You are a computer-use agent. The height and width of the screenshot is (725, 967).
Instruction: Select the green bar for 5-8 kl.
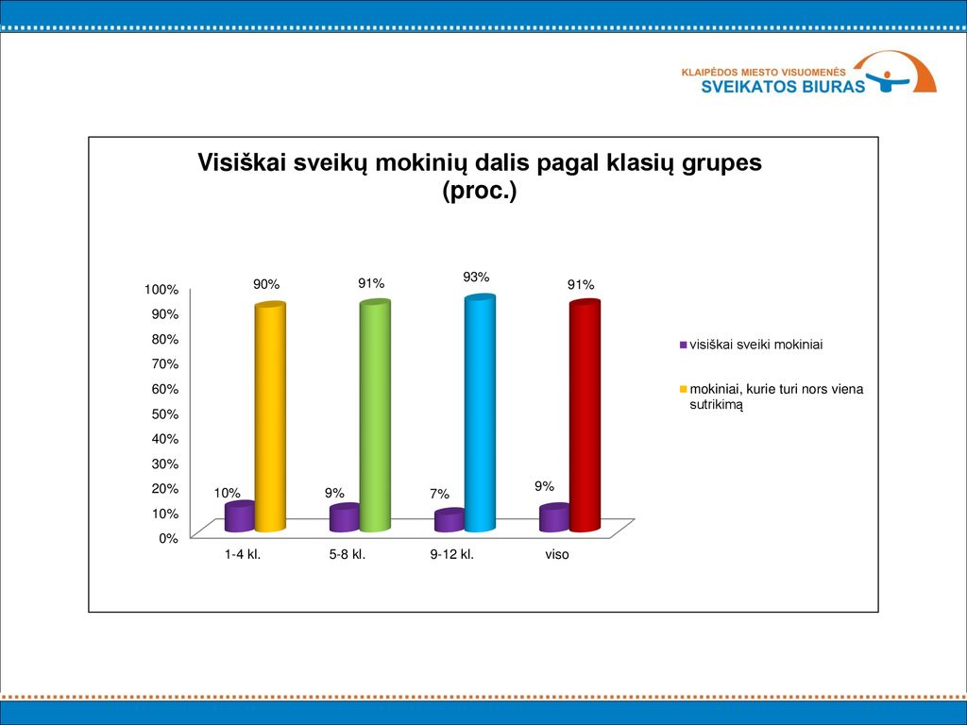[375, 415]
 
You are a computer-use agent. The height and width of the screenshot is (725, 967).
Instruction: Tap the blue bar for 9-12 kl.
[480, 413]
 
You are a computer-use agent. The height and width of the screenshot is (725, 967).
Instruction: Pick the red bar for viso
[585, 415]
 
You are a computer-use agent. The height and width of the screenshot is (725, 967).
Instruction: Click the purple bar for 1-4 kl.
[240, 516]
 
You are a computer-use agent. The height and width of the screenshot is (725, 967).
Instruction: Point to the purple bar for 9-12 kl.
[450, 520]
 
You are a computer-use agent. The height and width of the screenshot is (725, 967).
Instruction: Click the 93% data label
[476, 278]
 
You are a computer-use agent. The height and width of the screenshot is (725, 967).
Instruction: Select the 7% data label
[440, 494]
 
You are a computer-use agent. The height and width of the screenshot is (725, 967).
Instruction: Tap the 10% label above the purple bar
[227, 493]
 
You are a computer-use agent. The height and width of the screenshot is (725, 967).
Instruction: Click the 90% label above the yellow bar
[266, 284]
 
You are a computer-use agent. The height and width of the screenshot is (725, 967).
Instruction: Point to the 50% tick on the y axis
[164, 413]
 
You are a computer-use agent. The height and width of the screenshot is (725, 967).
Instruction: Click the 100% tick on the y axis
[161, 290]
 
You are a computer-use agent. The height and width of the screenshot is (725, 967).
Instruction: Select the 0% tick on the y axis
[168, 538]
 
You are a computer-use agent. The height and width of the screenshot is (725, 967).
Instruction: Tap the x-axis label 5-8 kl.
[348, 554]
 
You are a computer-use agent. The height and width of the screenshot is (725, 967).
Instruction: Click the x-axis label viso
[557, 554]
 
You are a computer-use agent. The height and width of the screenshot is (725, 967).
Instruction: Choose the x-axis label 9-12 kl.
[452, 554]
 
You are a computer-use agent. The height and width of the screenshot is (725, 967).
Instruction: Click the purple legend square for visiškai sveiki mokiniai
[683, 346]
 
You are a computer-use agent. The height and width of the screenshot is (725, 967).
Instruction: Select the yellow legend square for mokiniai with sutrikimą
[683, 389]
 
